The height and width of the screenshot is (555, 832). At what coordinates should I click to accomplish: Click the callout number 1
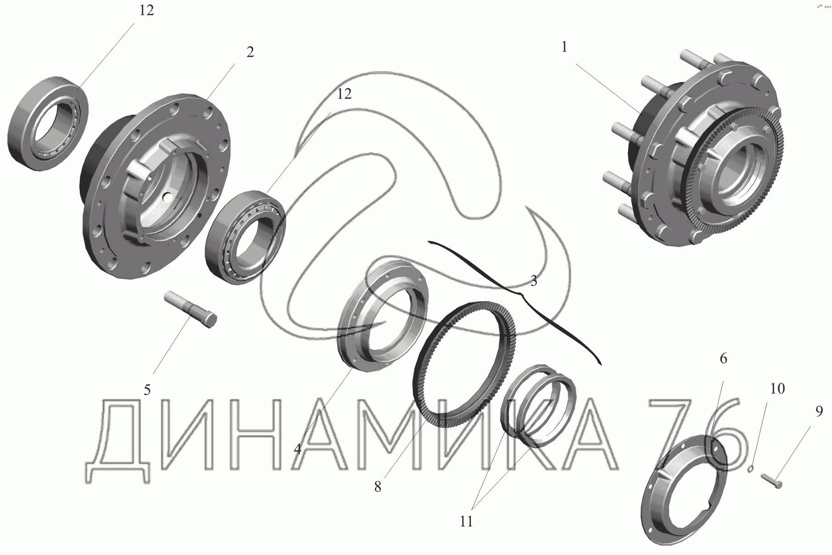coord(564,47)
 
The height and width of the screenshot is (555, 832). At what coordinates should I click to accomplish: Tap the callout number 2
coord(250,52)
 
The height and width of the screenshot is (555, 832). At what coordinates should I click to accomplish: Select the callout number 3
coord(533,281)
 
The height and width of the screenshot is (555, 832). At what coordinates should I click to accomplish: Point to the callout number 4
coord(298,449)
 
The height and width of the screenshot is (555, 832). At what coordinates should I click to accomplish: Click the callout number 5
coord(147,390)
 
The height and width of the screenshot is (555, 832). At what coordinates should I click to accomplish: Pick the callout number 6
coord(723,358)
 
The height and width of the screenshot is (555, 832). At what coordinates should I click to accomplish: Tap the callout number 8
coord(377,487)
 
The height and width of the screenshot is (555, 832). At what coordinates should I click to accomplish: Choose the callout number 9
coord(819,411)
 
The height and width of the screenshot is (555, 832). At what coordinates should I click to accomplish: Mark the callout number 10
coord(777,388)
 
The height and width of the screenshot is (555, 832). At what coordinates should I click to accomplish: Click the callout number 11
coord(466,522)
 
